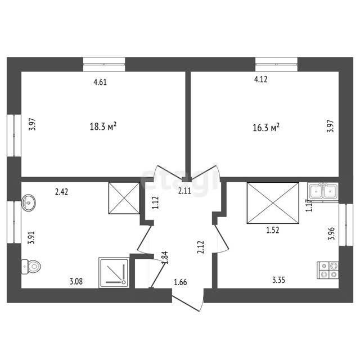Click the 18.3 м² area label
pos(103,126)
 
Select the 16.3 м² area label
pos(266,128)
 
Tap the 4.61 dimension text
pos(100,82)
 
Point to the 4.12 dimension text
pos(261,79)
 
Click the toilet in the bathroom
pos(31,267)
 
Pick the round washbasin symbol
pos(29,202)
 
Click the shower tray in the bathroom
pos(114,272)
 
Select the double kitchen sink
pos(323,191)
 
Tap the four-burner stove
pos(327,270)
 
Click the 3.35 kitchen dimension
pos(278,280)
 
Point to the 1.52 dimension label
pos(273,230)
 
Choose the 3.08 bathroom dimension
pos(76,281)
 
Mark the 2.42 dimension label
pos(61,192)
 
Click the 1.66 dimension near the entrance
pos(181,282)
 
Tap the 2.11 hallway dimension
pos(184,191)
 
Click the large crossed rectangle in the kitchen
pos(273,203)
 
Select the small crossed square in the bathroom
pos(124,198)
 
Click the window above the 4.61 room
pos(104,65)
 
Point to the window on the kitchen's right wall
pos(346,225)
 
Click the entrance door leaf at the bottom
pos(186,303)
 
